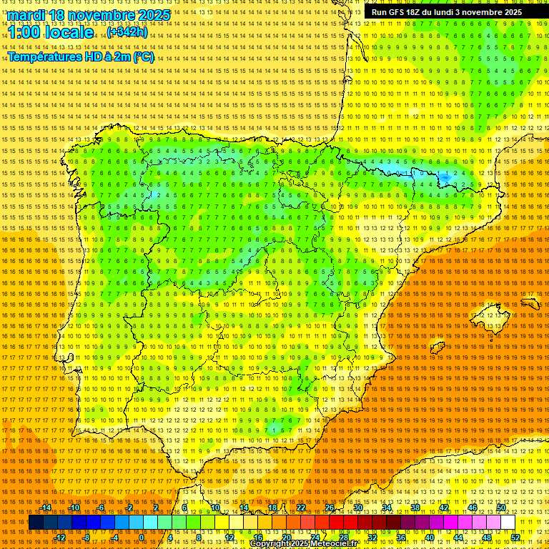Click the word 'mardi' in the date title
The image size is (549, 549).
coord(26,15)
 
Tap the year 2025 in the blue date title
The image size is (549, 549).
coord(153,15)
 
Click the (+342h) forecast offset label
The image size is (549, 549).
coord(127,32)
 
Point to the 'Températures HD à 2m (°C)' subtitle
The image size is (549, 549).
coord(81,57)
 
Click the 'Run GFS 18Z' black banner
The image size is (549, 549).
coord(447,12)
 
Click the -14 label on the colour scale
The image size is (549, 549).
coord(46,508)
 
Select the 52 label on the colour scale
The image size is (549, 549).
coord(515,538)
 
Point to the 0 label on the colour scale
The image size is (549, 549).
coord(142,538)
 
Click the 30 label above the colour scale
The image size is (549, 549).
coord(357,508)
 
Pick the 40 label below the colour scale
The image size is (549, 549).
coord(429,538)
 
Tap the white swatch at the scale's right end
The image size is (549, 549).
coord(508,523)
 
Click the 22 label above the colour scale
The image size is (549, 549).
coord(300,508)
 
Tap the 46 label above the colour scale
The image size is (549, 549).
coord(472,508)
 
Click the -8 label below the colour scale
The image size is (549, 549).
coord(87,538)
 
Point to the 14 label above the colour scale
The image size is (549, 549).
coord(243,508)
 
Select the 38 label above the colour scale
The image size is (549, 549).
coord(415,508)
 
